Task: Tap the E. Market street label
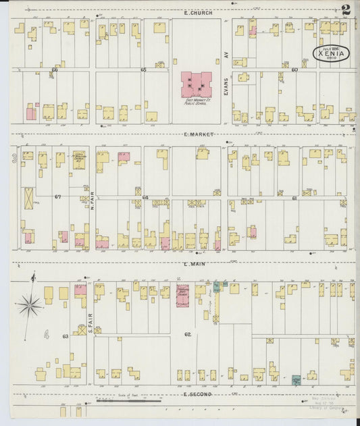click(198, 135)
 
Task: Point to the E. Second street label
click(197, 394)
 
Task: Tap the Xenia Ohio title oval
click(331, 54)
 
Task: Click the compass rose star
click(30, 306)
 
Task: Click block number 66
click(55, 70)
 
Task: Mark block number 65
click(143, 70)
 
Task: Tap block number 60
click(294, 70)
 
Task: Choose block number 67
click(58, 197)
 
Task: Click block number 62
click(187, 334)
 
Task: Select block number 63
click(66, 336)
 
